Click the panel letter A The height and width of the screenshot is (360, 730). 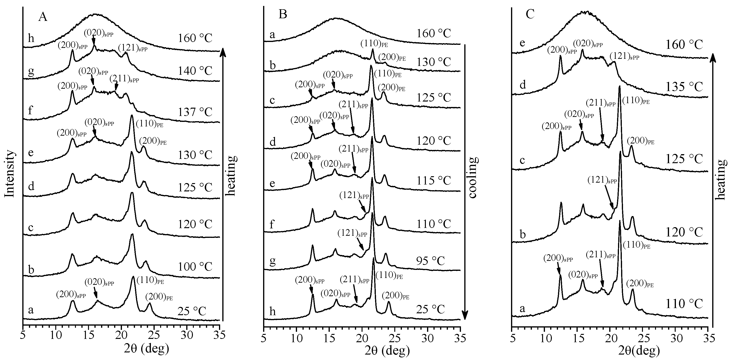click(43, 17)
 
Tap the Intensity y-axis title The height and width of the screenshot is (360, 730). click(10, 174)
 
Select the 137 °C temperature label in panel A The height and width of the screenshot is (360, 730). click(195, 112)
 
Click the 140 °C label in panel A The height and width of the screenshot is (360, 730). click(195, 70)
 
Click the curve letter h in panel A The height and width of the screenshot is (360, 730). click(31, 37)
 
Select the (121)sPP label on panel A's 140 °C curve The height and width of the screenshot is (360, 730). click(133, 48)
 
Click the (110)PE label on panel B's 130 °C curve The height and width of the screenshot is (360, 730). click(374, 44)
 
